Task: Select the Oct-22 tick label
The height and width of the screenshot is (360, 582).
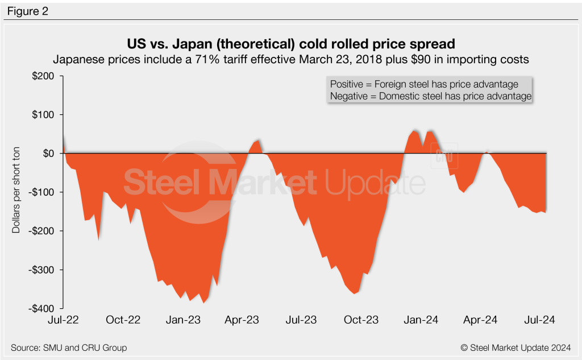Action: [123, 320]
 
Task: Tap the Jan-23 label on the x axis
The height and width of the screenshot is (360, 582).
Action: [183, 320]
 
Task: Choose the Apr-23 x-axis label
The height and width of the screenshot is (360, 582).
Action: [242, 320]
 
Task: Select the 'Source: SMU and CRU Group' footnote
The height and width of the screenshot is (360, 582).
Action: [69, 347]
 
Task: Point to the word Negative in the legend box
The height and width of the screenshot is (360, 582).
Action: [347, 97]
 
